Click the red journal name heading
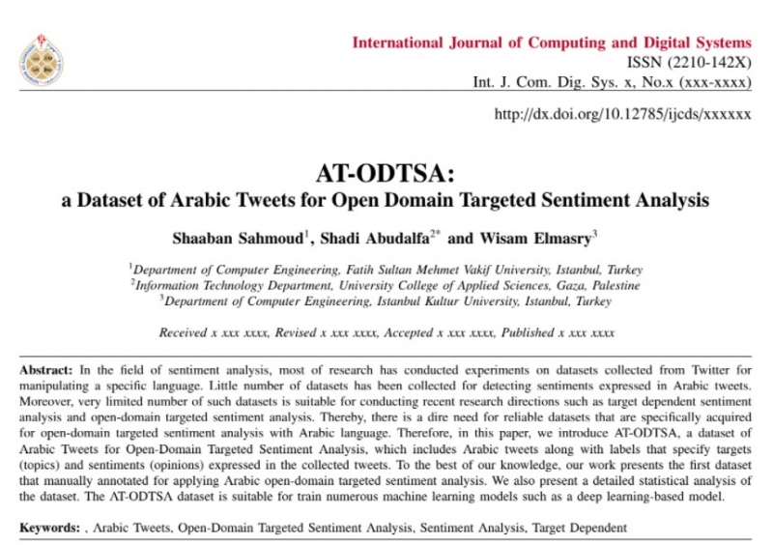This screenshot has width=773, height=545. coord(551,43)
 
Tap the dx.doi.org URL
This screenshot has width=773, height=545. coord(622,113)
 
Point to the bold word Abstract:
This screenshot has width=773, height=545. coord(46,372)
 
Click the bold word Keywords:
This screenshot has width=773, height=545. coord(50,529)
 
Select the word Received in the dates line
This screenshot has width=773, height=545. coord(182,332)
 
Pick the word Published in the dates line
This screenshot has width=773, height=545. coord(528,332)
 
